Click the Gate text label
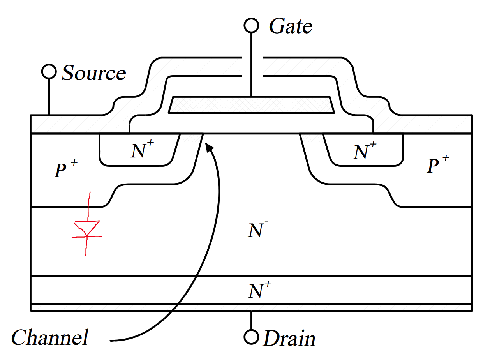coord(291,26)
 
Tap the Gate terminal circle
coord(251,25)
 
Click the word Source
coord(94,73)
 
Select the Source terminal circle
coord(49,72)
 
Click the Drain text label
coord(289,338)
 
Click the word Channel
coord(50,337)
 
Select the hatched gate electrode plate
coord(251,105)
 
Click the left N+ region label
coord(141,151)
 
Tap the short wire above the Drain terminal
coord(251,320)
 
